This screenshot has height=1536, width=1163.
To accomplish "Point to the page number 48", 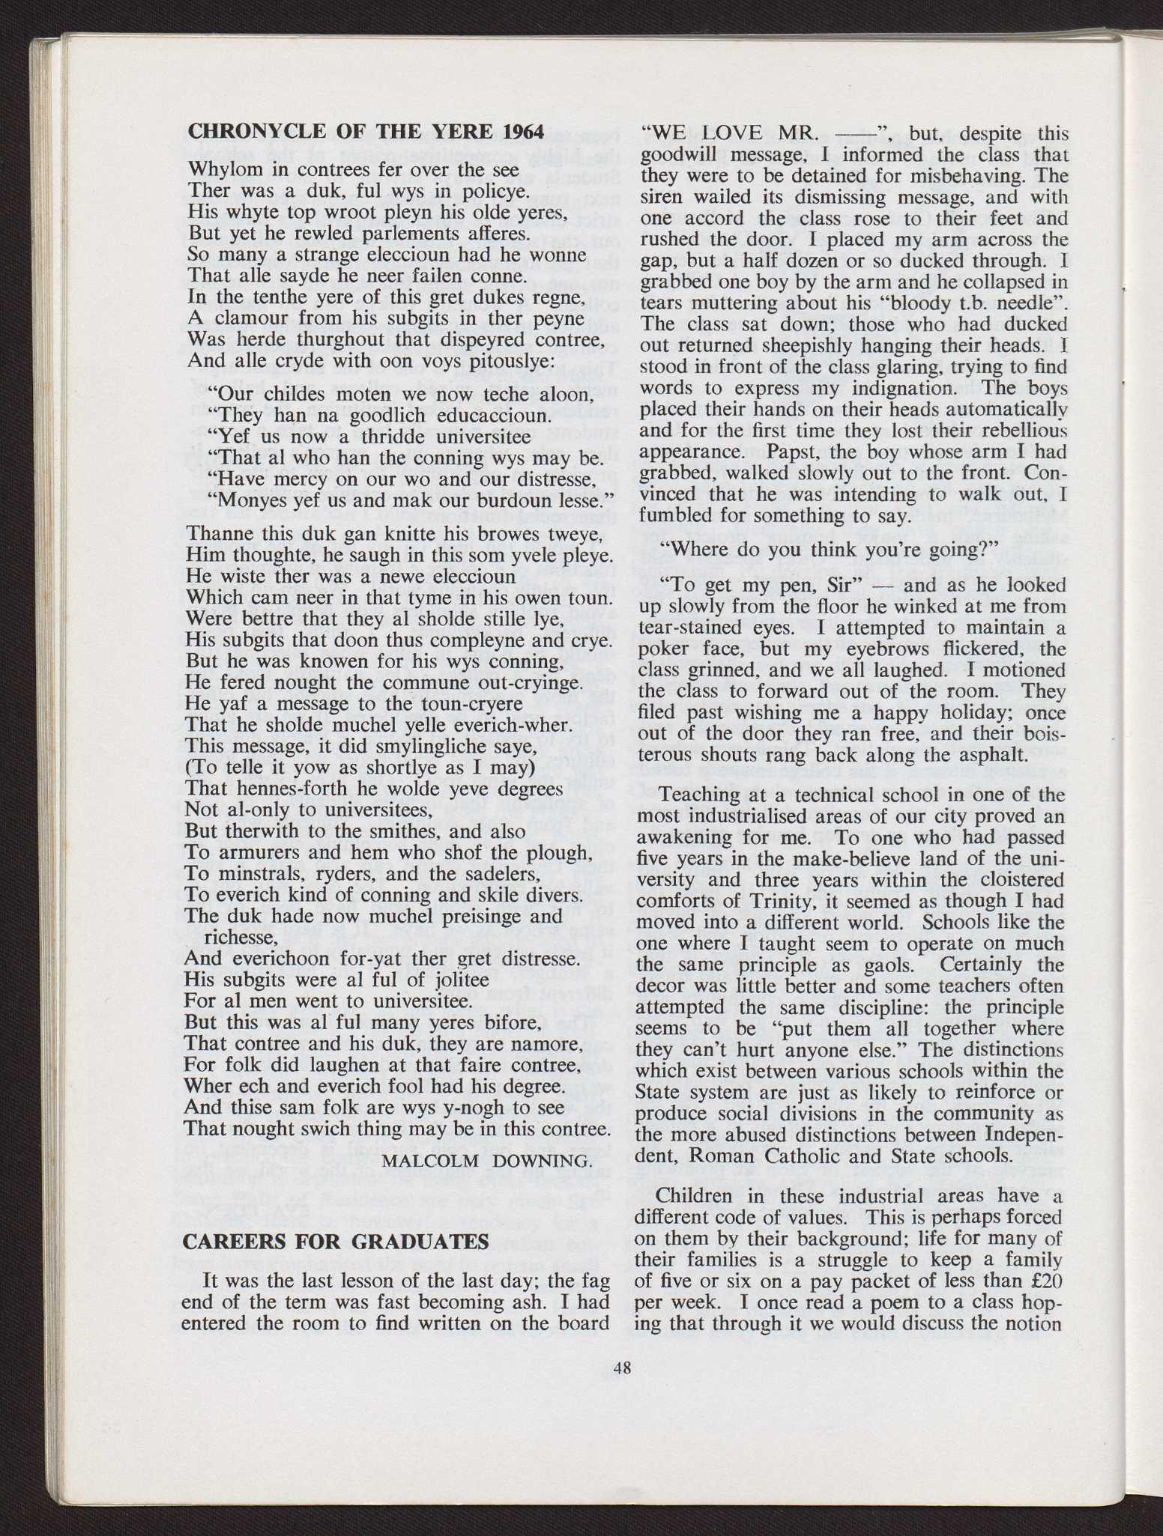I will [622, 1368].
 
